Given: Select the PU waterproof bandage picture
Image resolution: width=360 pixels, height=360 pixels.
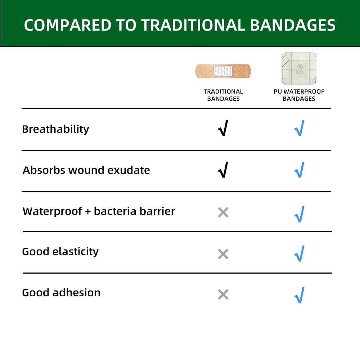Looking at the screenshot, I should click(x=299, y=69).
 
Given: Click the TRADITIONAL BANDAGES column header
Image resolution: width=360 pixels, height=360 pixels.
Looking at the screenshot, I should click(x=223, y=95).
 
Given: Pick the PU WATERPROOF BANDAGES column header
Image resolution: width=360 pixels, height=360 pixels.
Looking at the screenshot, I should click(x=299, y=95).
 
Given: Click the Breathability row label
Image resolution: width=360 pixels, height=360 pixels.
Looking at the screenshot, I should click(x=55, y=129).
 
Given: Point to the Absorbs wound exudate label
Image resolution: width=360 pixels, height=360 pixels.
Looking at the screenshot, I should click(x=86, y=170).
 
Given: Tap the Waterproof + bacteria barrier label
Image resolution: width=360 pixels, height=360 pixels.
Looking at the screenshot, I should click(x=99, y=211).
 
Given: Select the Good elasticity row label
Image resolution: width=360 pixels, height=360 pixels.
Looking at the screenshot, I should click(x=60, y=251).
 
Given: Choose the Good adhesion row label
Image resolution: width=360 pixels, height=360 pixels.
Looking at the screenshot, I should click(x=61, y=292).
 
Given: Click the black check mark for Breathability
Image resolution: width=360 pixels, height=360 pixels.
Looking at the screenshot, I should click(x=223, y=129).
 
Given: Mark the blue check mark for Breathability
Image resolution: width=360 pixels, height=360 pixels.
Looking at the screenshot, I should click(x=299, y=129).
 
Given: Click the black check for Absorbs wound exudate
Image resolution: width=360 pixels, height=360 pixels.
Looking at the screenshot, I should click(x=223, y=170).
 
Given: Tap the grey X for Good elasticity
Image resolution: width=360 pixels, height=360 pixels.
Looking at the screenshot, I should click(x=223, y=254).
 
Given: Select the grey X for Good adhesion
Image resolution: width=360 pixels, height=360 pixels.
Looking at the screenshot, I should click(x=223, y=295).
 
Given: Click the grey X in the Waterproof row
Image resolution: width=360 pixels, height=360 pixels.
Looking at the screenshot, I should click(x=223, y=212).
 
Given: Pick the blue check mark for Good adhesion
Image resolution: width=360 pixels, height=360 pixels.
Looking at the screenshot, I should click(x=299, y=295).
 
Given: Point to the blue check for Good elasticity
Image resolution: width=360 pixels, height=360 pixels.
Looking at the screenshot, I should click(x=299, y=254).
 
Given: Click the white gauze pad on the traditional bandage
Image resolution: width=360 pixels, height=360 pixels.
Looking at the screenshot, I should click(x=223, y=71).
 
